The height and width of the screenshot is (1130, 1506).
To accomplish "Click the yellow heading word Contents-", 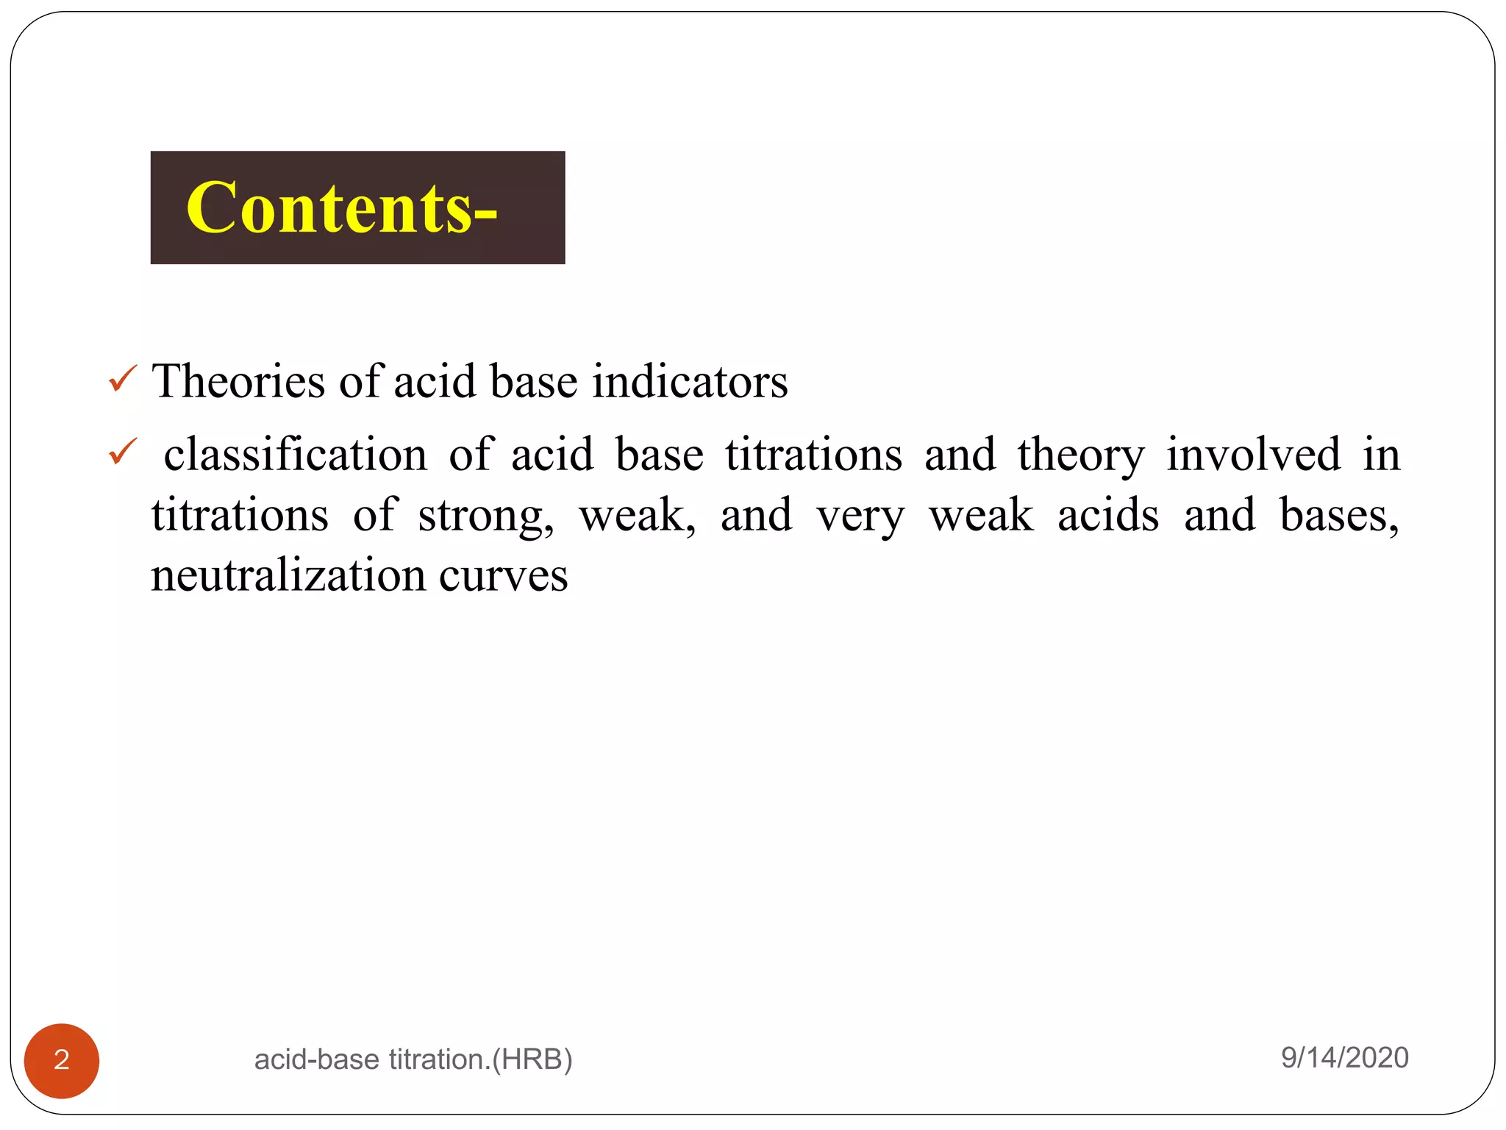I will (342, 208).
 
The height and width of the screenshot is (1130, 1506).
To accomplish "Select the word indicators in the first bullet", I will (690, 381).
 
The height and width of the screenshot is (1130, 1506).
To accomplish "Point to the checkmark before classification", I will (122, 452).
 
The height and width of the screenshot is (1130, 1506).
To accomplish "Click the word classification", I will (295, 455).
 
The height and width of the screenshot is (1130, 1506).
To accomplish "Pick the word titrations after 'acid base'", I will (813, 455).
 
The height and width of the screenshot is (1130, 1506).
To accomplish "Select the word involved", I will (1253, 455).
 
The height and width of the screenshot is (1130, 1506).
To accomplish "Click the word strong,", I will (486, 516).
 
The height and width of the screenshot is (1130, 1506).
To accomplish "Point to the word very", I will (860, 516).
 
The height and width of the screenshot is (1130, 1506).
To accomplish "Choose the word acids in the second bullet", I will (1108, 515).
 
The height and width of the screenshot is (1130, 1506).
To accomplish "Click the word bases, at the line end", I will (1339, 515).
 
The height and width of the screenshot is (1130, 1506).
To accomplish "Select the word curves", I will (503, 577).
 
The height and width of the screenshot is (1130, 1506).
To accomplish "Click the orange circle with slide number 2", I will (62, 1060).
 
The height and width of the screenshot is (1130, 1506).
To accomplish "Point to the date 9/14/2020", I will (1344, 1058).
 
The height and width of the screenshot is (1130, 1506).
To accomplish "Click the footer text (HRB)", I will (532, 1060).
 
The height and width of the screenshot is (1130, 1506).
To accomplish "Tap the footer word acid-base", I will (317, 1060).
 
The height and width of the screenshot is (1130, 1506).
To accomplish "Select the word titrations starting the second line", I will (240, 515).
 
